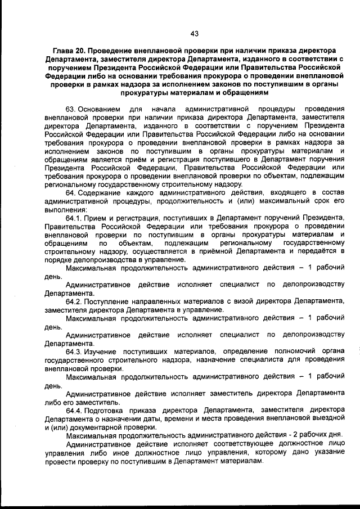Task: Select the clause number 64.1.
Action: [73, 217]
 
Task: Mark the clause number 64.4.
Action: [73, 410]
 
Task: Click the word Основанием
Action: [99, 107]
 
